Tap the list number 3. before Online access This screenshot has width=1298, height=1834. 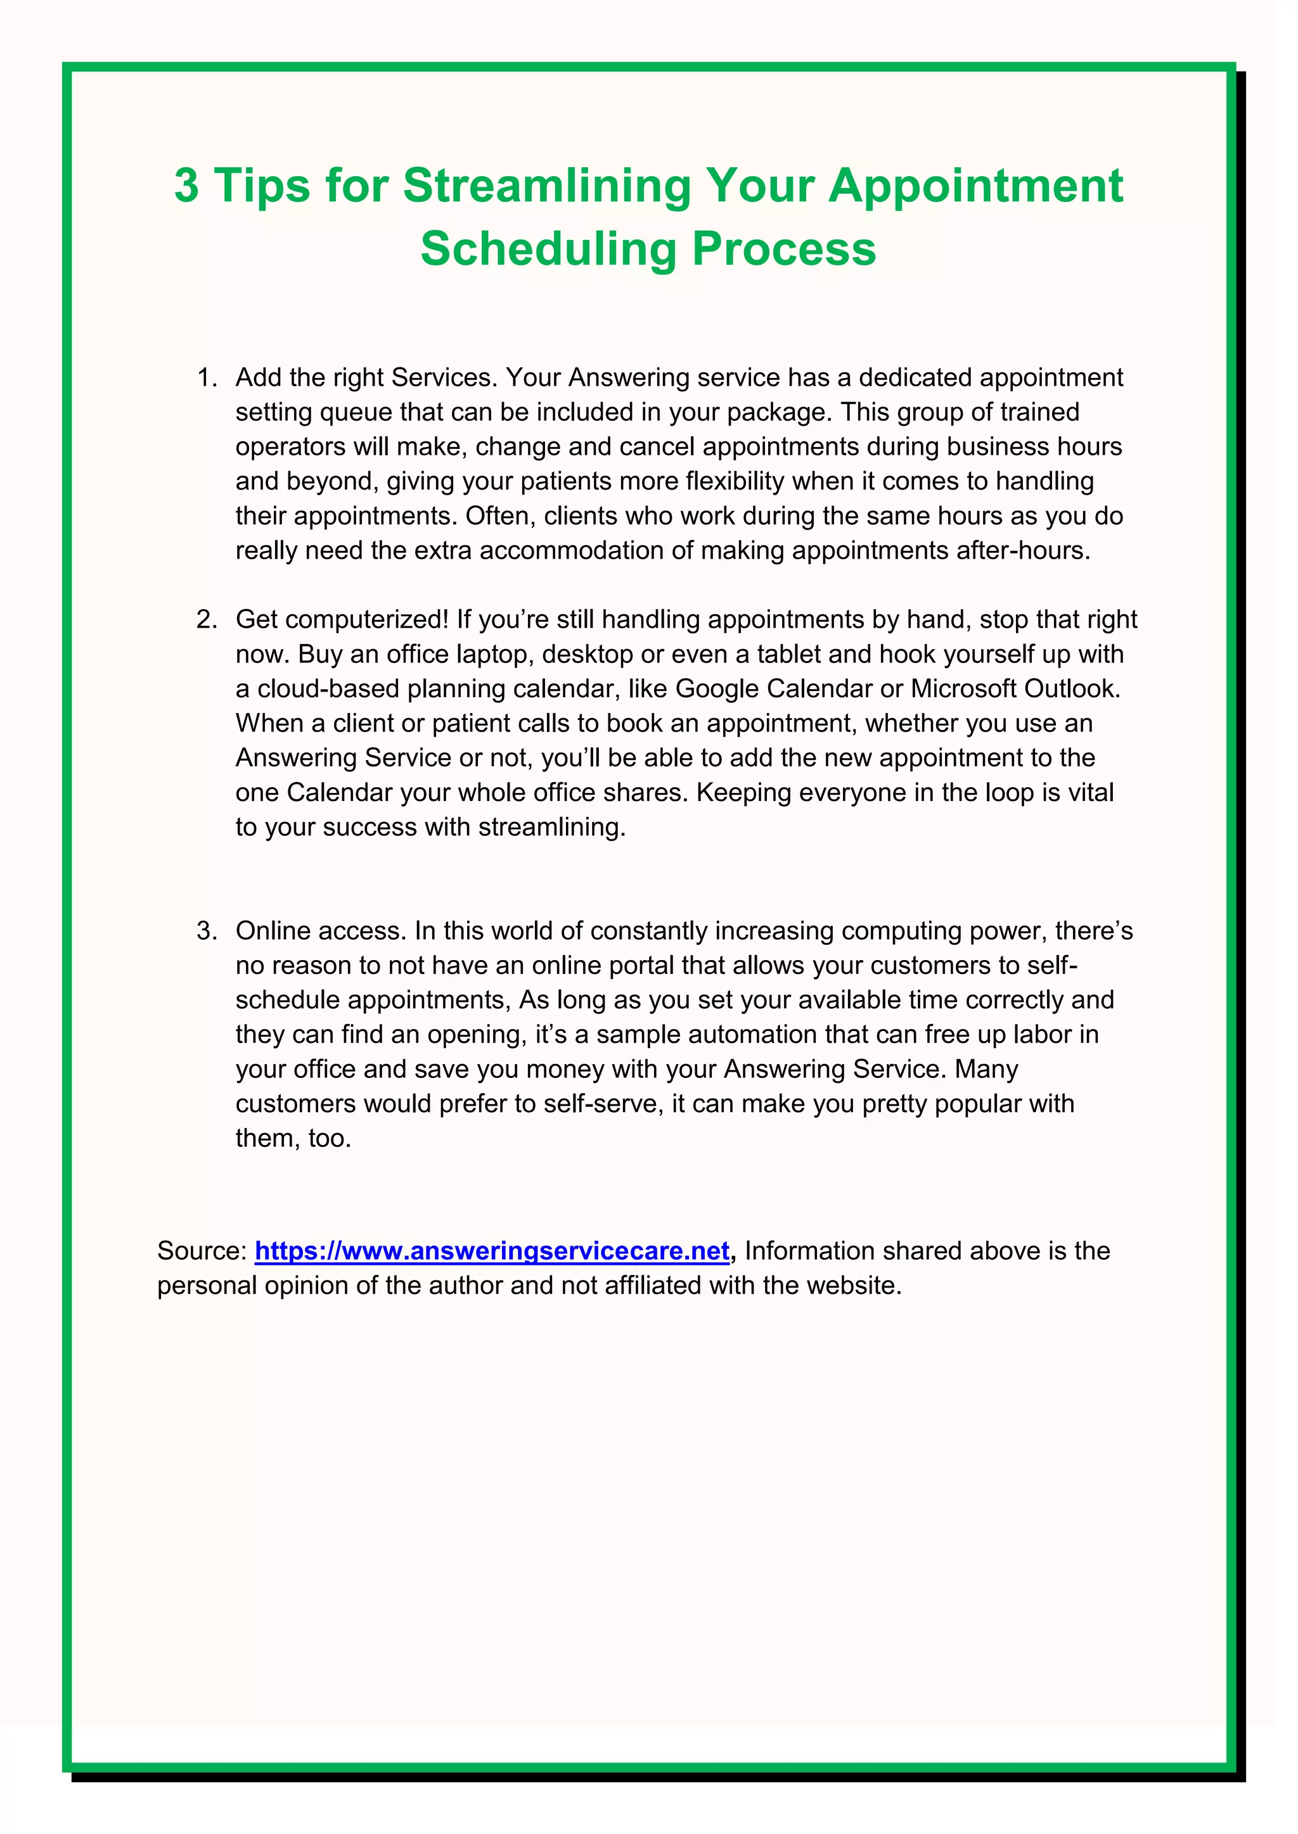[x=207, y=932]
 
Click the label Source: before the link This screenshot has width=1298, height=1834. [x=202, y=1251]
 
